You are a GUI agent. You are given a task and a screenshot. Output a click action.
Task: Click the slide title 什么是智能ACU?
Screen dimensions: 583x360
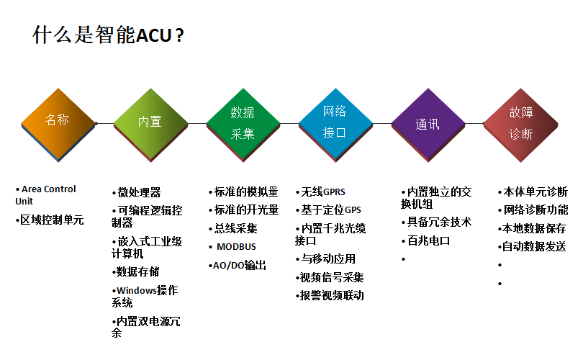[x=108, y=35]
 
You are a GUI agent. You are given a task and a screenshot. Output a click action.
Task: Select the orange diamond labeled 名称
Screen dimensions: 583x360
[x=58, y=125]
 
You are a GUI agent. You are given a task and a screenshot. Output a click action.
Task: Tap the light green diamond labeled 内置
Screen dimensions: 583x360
[x=150, y=125]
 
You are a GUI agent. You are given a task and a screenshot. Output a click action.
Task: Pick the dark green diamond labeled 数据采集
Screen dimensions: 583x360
[x=243, y=125]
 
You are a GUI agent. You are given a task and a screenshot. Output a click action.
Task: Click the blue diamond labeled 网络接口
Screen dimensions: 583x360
[x=335, y=125]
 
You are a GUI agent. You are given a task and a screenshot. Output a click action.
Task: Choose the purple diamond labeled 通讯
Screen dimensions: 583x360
[x=428, y=125]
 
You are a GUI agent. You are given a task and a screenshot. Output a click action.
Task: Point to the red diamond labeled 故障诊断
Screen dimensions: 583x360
[x=520, y=125]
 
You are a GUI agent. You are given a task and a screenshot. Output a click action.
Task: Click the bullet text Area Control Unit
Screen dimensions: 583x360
[x=45, y=195]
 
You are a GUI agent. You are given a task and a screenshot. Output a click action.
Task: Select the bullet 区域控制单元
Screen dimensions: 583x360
[x=50, y=220]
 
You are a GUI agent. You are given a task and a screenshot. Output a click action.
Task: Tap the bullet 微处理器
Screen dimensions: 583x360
[x=137, y=192]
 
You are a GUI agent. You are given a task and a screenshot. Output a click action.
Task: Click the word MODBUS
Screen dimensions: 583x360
[x=237, y=246]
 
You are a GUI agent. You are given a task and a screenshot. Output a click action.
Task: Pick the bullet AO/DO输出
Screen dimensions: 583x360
[x=238, y=265]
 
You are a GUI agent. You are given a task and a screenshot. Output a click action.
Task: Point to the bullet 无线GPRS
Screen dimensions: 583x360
[x=320, y=192]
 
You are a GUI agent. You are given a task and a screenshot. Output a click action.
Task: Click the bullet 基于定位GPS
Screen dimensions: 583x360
[x=328, y=210]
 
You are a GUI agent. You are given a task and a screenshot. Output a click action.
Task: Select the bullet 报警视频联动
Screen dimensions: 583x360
[x=330, y=296]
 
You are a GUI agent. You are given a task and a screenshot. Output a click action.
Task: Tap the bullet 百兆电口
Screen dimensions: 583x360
[x=425, y=240]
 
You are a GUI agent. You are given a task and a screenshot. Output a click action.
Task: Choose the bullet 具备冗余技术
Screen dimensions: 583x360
[x=436, y=222]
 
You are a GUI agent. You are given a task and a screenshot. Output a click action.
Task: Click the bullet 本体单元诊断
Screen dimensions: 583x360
[x=533, y=192]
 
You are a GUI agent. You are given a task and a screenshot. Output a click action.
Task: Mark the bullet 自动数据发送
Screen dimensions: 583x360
[x=532, y=246]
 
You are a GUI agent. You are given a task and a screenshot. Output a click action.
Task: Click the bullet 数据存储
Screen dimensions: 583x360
[x=136, y=271]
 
